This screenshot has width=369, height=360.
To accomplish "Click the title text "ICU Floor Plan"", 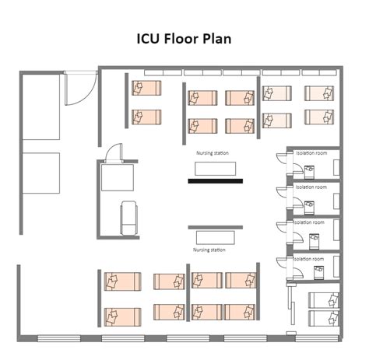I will pyautogui.click(x=184, y=39).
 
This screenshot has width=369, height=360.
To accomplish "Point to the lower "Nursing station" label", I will pyautogui.click(x=209, y=250).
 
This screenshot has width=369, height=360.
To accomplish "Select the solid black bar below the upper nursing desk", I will pyautogui.click(x=216, y=181).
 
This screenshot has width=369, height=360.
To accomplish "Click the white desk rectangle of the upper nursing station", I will pyautogui.click(x=216, y=168).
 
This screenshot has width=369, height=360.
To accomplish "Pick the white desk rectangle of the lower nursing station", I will pyautogui.click(x=215, y=236).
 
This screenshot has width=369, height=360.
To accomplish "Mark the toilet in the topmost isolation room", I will pyautogui.click(x=310, y=169).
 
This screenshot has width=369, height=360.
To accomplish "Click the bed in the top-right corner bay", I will pyautogui.click(x=318, y=93).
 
